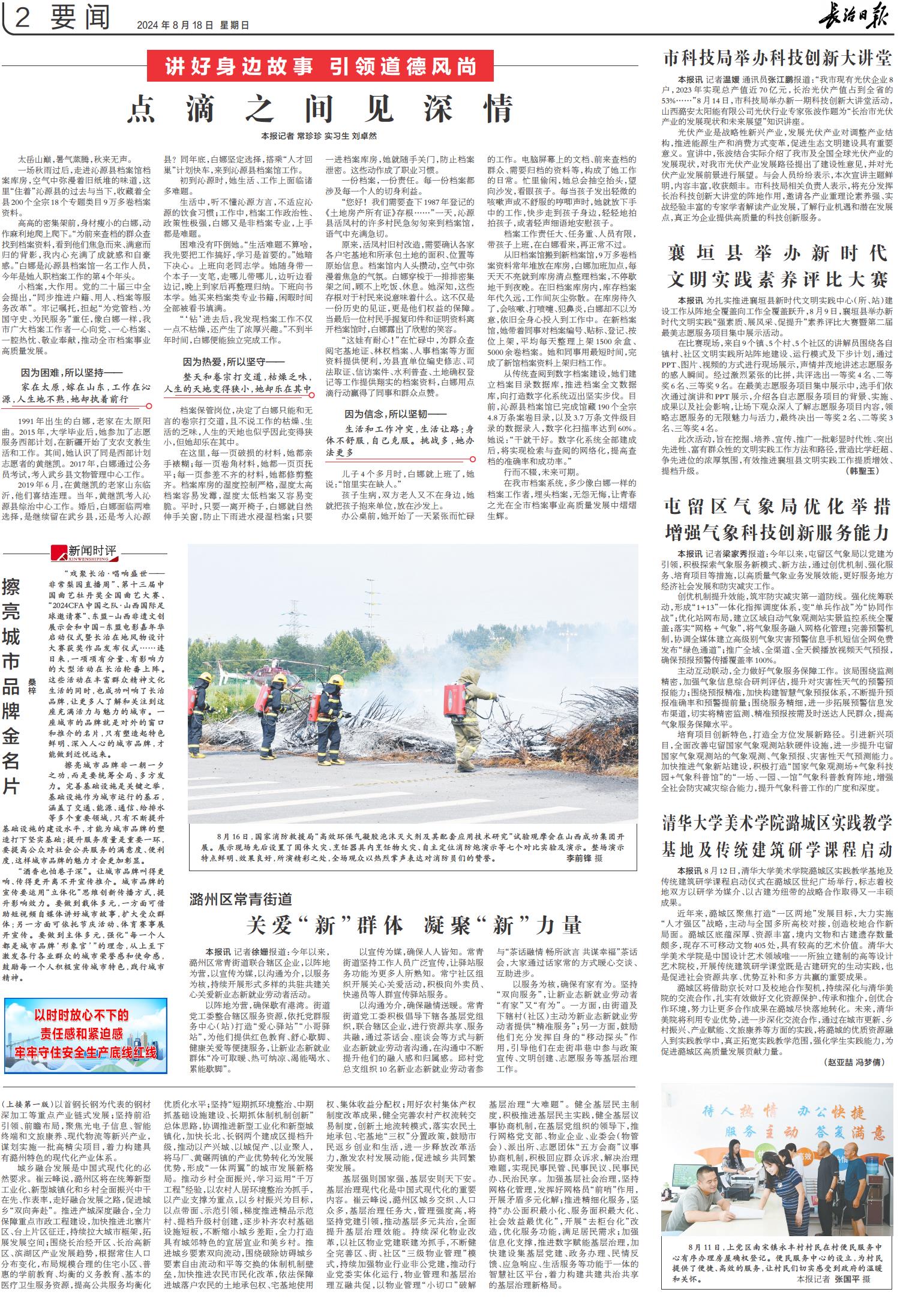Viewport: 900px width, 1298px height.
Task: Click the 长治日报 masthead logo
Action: tap(856, 16)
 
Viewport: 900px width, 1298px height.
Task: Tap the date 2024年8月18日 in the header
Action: tap(175, 25)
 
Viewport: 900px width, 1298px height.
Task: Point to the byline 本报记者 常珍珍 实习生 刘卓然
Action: tap(319, 136)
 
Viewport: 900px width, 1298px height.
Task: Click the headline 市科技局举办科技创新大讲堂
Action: tap(777, 58)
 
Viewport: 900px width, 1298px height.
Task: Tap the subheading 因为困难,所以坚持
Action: tap(71, 372)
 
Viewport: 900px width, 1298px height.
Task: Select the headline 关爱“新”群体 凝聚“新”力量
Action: tap(414, 925)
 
